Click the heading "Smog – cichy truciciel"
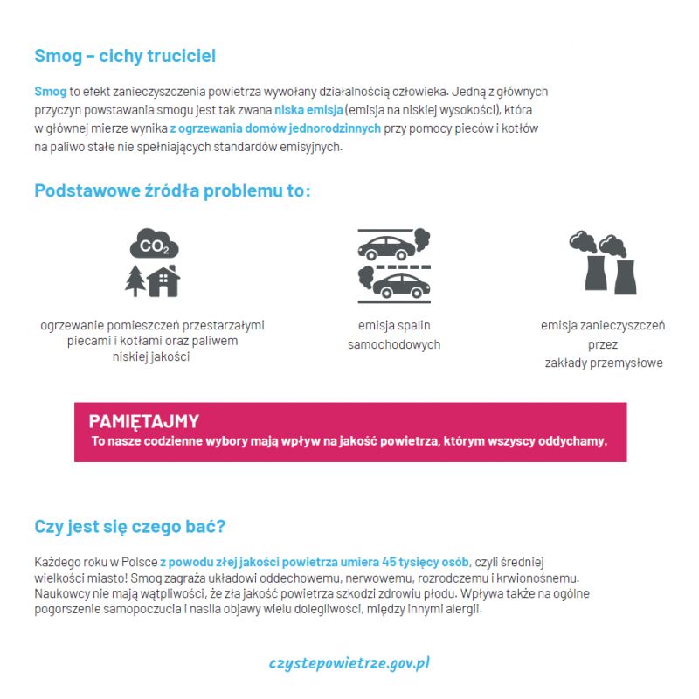tap(125, 57)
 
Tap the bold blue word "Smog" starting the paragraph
tap(50, 91)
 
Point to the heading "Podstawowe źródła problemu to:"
tap(172, 191)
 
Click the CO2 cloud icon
tap(154, 246)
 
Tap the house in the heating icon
tap(163, 280)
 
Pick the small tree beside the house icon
tap(135, 281)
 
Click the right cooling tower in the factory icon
tap(624, 274)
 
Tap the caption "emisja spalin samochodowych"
tap(394, 335)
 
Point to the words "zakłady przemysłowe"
tap(603, 363)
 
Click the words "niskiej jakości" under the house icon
tap(151, 356)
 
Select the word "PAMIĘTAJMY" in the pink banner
tap(143, 421)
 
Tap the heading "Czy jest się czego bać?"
tap(129, 527)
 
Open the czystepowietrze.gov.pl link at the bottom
tap(349, 663)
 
